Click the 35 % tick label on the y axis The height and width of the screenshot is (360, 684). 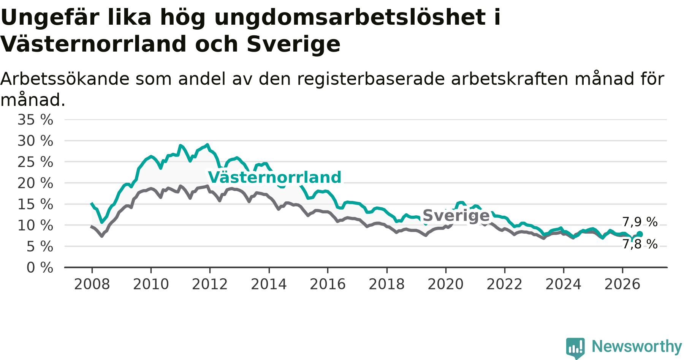[35, 120]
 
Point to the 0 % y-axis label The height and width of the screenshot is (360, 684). [40, 268]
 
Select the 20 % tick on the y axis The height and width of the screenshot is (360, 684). [35, 183]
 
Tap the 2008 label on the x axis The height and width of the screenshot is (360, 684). [92, 284]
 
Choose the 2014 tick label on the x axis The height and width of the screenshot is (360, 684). [269, 284]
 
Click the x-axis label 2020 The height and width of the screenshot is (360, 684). [446, 284]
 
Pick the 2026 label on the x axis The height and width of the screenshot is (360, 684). [622, 284]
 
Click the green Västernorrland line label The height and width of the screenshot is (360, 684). [275, 177]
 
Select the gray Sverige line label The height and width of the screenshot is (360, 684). [456, 216]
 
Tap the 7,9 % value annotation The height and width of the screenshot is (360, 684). [640, 222]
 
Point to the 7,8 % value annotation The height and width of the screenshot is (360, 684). [640, 244]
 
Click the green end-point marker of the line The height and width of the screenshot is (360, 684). [640, 234]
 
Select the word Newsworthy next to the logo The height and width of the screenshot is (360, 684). [637, 346]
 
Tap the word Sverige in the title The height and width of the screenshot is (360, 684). [293, 44]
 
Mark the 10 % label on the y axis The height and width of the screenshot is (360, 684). [35, 226]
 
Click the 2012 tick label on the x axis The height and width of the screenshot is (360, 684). [210, 284]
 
